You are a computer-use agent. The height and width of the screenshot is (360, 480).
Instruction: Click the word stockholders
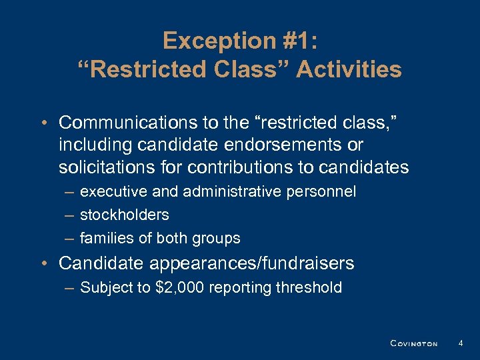tap(124, 215)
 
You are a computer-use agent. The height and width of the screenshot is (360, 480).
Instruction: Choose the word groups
tap(219, 238)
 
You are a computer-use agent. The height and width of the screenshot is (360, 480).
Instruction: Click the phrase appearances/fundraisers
tap(249, 263)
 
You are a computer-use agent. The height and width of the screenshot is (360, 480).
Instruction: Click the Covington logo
tap(413, 343)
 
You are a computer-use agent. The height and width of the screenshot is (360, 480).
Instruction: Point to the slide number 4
tap(461, 343)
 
